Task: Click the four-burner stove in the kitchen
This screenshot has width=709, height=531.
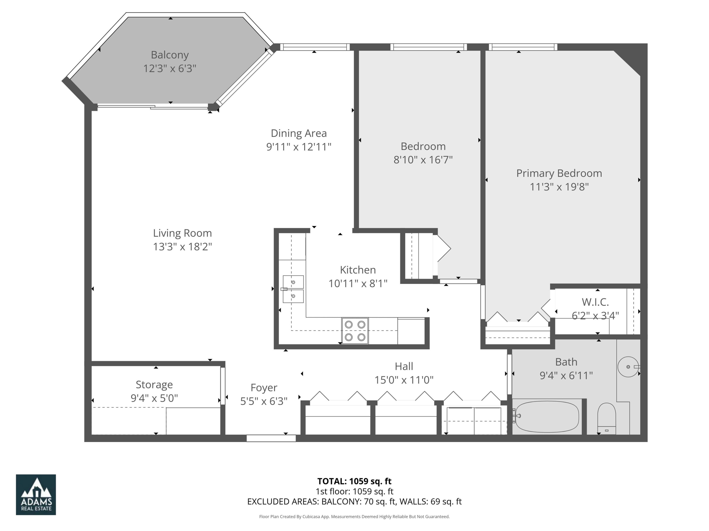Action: click(x=355, y=331)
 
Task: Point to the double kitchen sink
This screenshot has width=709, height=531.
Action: click(x=293, y=289)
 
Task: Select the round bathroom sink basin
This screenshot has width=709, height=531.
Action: click(x=628, y=367)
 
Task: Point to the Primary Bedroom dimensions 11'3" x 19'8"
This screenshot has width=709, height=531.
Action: click(x=559, y=187)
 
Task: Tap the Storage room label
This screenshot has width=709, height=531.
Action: click(x=154, y=384)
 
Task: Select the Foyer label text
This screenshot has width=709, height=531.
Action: click(x=264, y=388)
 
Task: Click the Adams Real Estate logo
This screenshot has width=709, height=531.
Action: click(x=36, y=494)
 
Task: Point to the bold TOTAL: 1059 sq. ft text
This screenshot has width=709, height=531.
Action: click(x=354, y=481)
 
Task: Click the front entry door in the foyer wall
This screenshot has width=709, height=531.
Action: click(x=271, y=438)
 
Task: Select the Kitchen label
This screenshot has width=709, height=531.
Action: click(x=358, y=270)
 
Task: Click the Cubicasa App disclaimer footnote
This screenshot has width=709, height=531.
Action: click(x=354, y=517)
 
